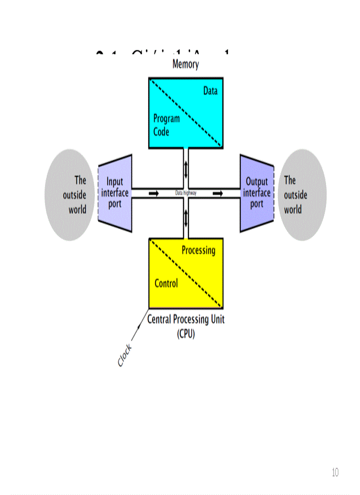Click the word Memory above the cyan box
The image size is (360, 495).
pyautogui.click(x=185, y=64)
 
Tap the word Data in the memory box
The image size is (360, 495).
pyautogui.click(x=210, y=91)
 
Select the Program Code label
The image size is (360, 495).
pyautogui.click(x=166, y=125)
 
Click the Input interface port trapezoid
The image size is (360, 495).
pyautogui.click(x=115, y=193)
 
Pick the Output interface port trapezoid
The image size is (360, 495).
pyautogui.click(x=256, y=193)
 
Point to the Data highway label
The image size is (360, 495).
pyautogui.click(x=186, y=193)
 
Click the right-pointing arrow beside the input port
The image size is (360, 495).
pyautogui.click(x=154, y=193)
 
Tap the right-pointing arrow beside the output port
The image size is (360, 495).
pyautogui.click(x=217, y=193)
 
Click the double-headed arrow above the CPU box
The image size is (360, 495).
pyautogui.click(x=186, y=218)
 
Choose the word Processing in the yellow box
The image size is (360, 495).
pyautogui.click(x=199, y=250)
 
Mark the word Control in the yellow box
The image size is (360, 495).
pyautogui.click(x=166, y=283)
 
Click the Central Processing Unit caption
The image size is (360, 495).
pyautogui.click(x=185, y=319)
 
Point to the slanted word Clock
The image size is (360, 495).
pyautogui.click(x=124, y=355)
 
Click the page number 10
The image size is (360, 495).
pyautogui.click(x=335, y=473)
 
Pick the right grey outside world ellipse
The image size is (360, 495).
pyautogui.click(x=302, y=194)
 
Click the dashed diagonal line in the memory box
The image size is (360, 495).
pyautogui.click(x=186, y=112)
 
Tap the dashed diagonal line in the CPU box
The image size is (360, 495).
pyautogui.click(x=186, y=273)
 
